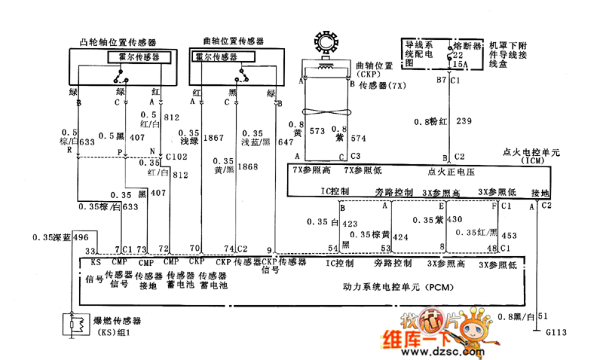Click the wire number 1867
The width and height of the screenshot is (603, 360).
coord(213,138)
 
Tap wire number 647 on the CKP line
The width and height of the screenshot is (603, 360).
coord(286,141)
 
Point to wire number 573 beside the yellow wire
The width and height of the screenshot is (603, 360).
coord(317,131)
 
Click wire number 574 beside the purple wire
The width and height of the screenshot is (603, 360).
coord(357,138)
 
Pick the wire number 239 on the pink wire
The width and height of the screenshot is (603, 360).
coord(464,121)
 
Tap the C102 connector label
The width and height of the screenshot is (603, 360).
coord(176,157)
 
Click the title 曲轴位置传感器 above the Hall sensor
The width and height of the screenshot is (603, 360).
coord(234,41)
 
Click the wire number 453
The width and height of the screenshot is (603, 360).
coord(509,235)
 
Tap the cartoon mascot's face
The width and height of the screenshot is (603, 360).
coord(474,329)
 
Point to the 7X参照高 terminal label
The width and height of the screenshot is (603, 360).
coord(311,171)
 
